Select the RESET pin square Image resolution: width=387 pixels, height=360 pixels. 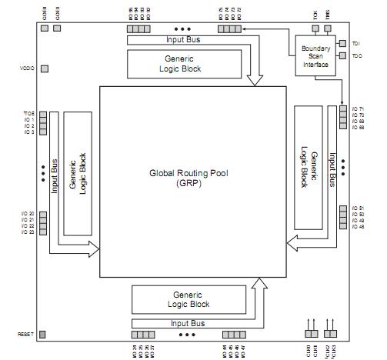43,335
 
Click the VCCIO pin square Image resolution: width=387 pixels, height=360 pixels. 44,68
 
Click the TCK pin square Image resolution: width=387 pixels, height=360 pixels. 315,27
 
